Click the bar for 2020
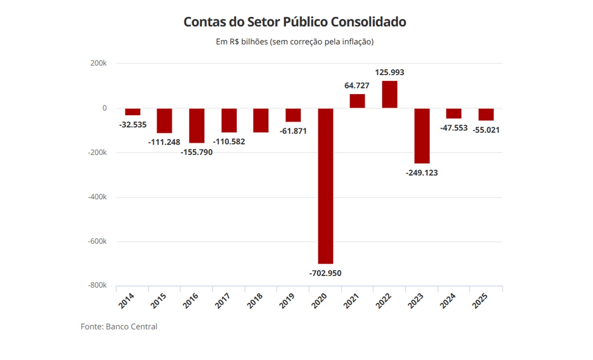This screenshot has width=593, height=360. coord(325,186)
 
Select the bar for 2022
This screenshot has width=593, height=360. coord(389,94)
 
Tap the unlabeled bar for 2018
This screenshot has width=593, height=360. coord(260,120)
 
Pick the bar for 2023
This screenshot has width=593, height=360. coord(422,136)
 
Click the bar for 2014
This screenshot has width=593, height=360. coord(132,112)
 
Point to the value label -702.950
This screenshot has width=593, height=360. coord(325,273)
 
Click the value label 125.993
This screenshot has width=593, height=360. coord(389,72)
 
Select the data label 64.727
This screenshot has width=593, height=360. coord(357,86)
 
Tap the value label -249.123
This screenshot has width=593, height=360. coord(422,173)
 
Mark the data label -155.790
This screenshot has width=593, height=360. coord(196,152)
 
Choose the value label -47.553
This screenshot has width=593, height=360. coord(454,128)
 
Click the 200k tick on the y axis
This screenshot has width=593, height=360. coord(98,63)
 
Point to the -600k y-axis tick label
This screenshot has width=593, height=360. coord(97,241)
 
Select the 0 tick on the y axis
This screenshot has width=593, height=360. coord(104,108)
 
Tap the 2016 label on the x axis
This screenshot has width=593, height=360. coord(190,301)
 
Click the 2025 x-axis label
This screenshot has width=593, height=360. coord(480,301)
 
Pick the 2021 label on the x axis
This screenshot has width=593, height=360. coord(351,301)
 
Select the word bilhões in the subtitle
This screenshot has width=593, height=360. coord(254,42)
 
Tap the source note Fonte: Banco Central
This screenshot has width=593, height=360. coord(119,326)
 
